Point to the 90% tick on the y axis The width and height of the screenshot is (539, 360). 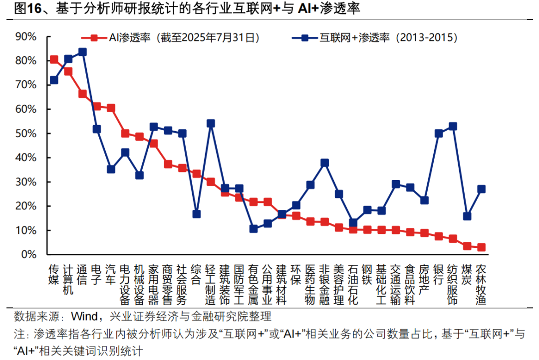(26, 36)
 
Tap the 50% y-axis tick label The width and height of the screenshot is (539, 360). (26, 134)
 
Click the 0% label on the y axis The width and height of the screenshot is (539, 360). (29, 254)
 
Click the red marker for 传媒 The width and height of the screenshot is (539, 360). (54, 60)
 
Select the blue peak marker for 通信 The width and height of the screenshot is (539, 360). (82, 52)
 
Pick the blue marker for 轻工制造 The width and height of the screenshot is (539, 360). (211, 123)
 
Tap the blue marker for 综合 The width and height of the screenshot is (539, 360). (197, 214)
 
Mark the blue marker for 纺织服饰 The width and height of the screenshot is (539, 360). (453, 127)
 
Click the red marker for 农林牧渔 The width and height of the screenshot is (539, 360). (481, 247)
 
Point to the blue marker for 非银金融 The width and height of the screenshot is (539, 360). (324, 163)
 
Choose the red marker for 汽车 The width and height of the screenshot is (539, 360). (111, 108)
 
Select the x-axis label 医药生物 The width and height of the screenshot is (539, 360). (310, 284)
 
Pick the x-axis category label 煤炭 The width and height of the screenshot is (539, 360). (467, 274)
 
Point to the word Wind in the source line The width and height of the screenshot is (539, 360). (86, 316)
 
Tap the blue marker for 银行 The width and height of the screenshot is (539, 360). (439, 134)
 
